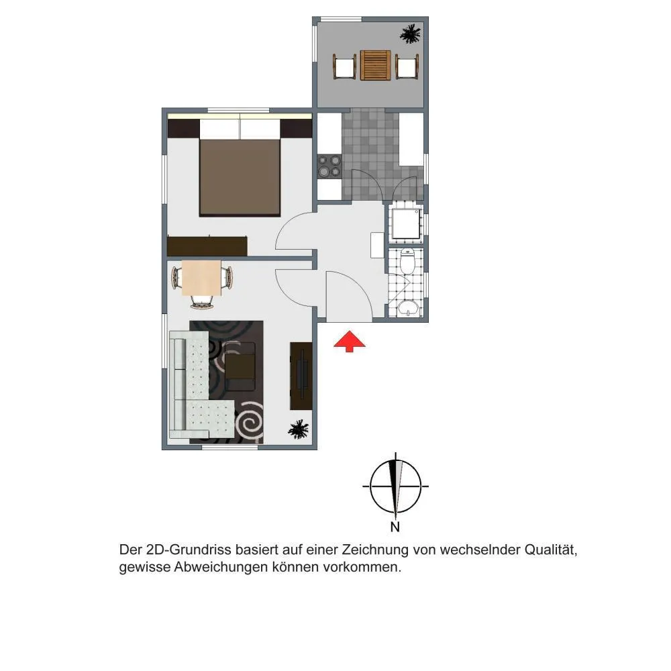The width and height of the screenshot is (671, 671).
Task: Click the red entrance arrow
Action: pos(349,341)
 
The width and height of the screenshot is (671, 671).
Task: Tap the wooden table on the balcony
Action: pos(375,66)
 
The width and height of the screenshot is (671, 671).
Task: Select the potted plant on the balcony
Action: pos(411,34)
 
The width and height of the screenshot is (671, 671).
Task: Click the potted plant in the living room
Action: pos(298,429)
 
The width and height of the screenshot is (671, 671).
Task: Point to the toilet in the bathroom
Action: pos(407,260)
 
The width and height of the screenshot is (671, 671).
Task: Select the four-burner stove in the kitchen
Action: pos(329,166)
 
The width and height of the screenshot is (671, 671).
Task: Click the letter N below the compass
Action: pos(395,527)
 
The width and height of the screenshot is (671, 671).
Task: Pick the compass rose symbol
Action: pos(395,486)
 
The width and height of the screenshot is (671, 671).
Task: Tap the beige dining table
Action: pos(201,278)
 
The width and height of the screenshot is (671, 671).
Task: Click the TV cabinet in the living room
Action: pos(301,376)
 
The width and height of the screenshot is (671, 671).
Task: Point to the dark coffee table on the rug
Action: pos(240,366)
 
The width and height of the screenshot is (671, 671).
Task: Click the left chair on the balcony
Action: pos(344,66)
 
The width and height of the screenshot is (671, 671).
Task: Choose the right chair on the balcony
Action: pos(407,66)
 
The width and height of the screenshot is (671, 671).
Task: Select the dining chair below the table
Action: pos(201,302)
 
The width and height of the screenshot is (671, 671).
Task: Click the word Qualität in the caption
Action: pos(551,550)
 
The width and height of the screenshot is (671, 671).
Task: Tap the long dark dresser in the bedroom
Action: pos(207,246)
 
